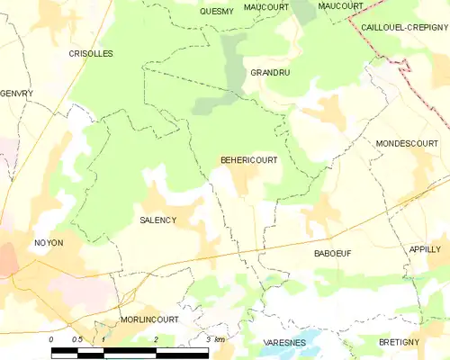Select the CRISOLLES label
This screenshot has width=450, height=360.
coord(91,54)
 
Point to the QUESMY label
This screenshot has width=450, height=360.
coord(216,12)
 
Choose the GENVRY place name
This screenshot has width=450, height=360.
coord(15,94)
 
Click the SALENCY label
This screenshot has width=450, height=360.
coord(157,220)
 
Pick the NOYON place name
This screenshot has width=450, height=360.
coord(49,243)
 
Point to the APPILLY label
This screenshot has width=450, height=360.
coord(425,248)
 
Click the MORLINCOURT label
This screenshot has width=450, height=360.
coord(149,319)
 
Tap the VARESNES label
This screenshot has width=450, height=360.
coord(286,344)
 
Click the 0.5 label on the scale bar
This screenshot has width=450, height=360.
coord(77,338)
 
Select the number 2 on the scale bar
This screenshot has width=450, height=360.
coord(156,338)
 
